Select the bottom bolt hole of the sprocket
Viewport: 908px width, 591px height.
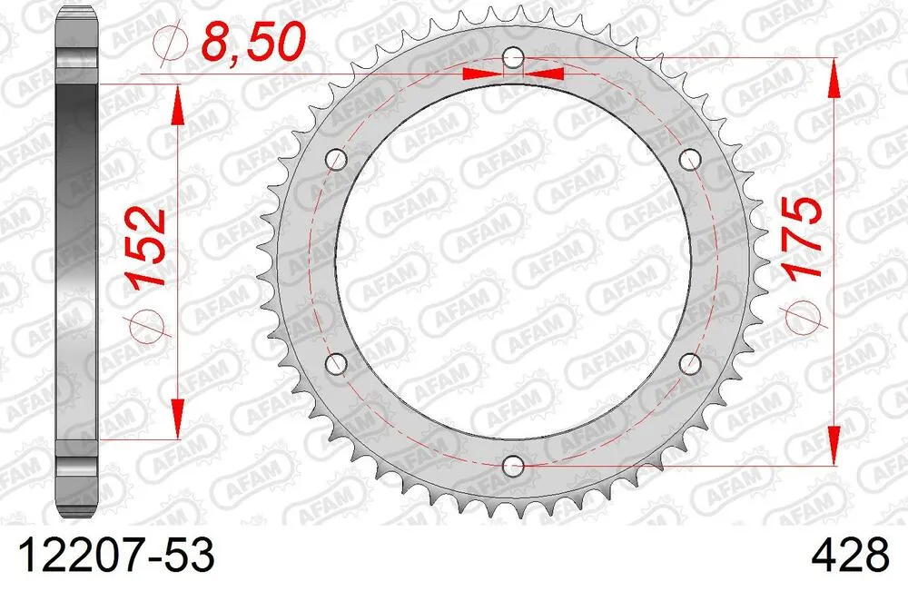pos(514,466)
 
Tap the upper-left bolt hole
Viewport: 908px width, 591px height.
pos(339,161)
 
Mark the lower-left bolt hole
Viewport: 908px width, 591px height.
pos(339,364)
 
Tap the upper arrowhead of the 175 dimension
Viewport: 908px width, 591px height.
pos(833,79)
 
